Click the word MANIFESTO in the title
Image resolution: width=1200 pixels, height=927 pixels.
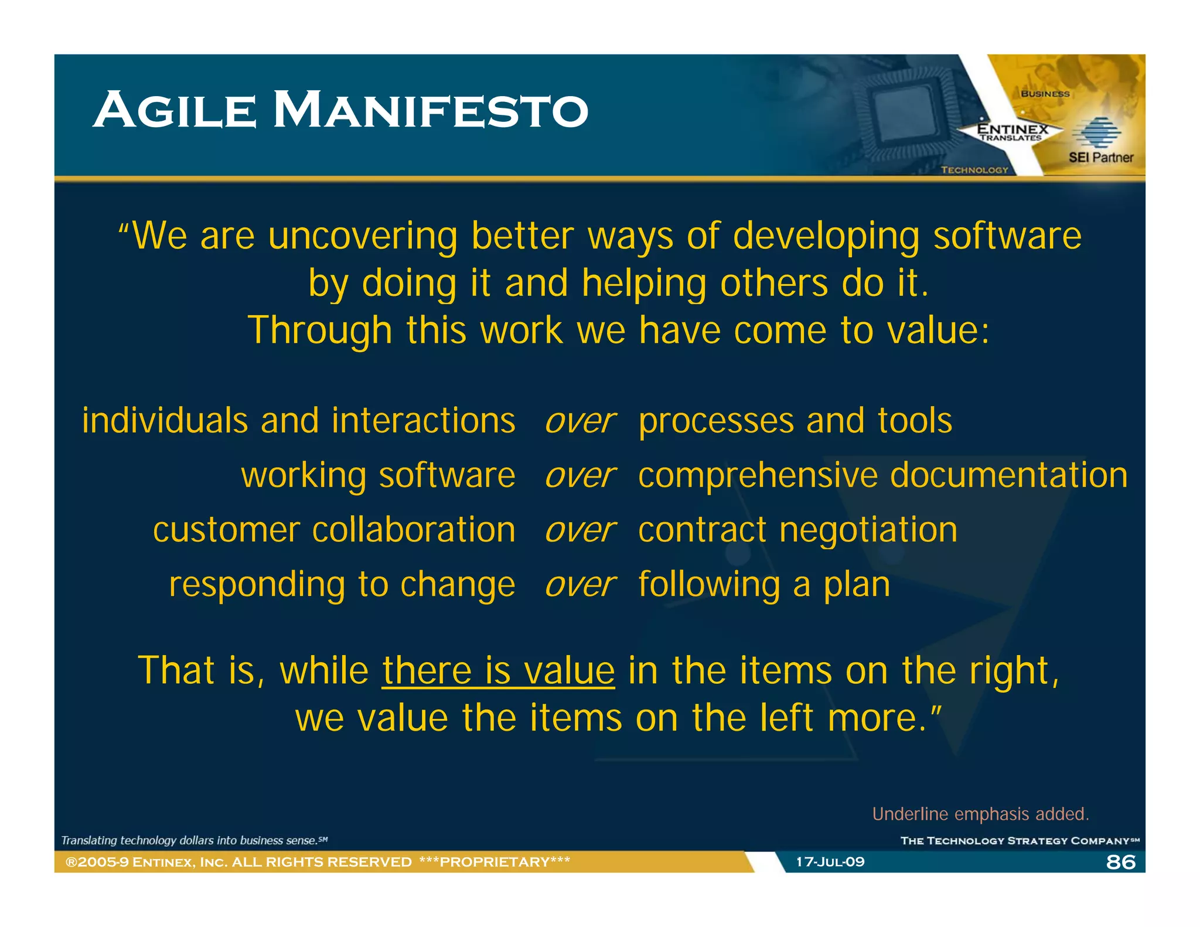(431, 111)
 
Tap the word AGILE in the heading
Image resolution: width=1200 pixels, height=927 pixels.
(175, 111)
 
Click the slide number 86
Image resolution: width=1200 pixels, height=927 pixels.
(1120, 862)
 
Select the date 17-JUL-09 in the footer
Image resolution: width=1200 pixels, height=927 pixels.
(830, 862)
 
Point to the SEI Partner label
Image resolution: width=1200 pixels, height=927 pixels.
(1100, 158)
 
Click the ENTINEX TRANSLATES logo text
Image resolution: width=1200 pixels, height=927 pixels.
(1012, 132)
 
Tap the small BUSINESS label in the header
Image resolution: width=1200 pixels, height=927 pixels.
(1045, 94)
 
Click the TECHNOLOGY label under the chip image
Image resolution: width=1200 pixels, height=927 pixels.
(974, 170)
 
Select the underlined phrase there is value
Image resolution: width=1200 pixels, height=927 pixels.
(498, 670)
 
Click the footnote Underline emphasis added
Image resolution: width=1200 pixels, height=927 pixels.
(980, 814)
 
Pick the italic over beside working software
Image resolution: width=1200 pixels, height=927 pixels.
(579, 475)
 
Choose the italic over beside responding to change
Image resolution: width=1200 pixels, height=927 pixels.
(579, 585)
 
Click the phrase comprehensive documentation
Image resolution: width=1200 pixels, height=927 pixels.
(882, 475)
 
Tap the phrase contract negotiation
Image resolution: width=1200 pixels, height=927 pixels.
(797, 530)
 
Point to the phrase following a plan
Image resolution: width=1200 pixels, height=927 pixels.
(764, 585)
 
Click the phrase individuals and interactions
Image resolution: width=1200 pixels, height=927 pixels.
(299, 421)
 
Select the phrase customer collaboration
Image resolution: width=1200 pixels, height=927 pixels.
(334, 530)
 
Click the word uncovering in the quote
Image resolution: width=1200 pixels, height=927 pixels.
(363, 236)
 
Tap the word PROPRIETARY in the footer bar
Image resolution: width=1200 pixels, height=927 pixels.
(495, 862)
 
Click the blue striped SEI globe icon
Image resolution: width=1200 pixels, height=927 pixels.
(1096, 132)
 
